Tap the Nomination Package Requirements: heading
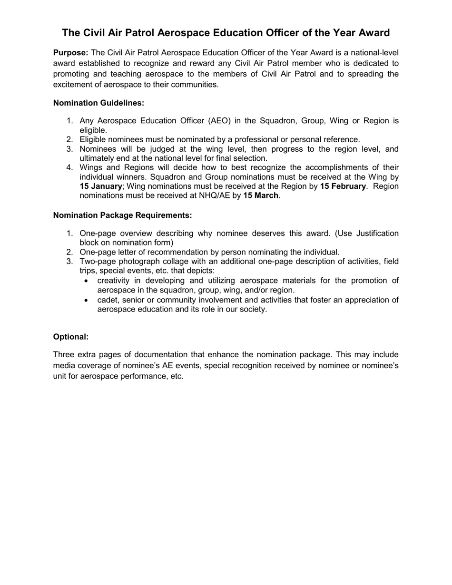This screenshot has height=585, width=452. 122,215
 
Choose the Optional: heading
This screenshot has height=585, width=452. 71,337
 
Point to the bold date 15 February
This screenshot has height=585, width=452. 343,186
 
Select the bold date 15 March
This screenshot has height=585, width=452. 260,195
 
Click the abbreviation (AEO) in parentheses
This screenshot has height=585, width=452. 220,121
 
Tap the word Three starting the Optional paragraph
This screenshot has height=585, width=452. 65,355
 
